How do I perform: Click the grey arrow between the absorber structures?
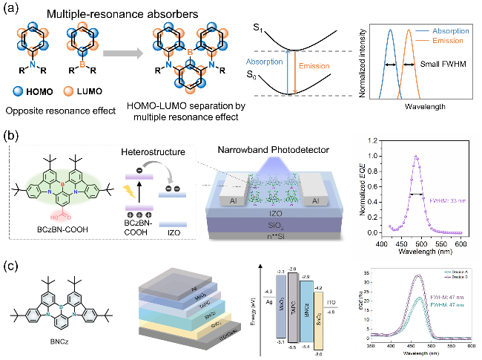tap(122, 53)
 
